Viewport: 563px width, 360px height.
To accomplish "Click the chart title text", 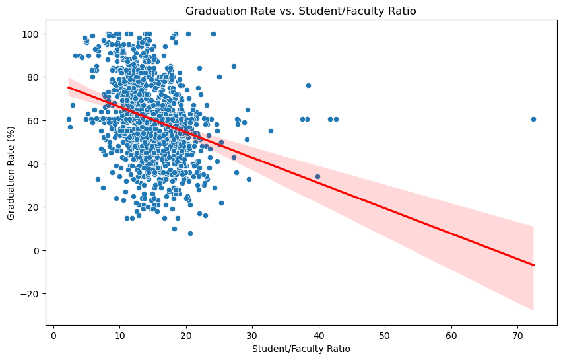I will click(x=300, y=11).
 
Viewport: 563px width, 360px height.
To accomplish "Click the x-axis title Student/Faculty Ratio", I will click(x=300, y=349).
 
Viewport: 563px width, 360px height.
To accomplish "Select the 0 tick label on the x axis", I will click(x=53, y=336).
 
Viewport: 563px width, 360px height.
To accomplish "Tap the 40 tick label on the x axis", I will click(x=319, y=336).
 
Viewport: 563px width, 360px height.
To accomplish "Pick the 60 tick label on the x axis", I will click(x=451, y=336).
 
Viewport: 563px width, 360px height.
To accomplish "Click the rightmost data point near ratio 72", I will click(x=533, y=119).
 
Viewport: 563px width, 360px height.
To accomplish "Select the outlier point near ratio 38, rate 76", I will click(x=308, y=85).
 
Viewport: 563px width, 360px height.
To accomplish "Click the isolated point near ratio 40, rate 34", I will click(x=317, y=176).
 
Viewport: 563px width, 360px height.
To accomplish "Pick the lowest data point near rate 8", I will click(x=190, y=233).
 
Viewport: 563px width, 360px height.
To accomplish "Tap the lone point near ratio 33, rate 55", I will click(x=271, y=131).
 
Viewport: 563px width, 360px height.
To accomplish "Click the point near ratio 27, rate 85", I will click(x=234, y=66).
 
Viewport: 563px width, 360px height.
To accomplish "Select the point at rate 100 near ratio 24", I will click(x=213, y=34).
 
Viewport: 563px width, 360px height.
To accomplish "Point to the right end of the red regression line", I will click(x=533, y=265).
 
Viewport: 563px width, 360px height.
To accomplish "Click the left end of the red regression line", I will click(x=69, y=87).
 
